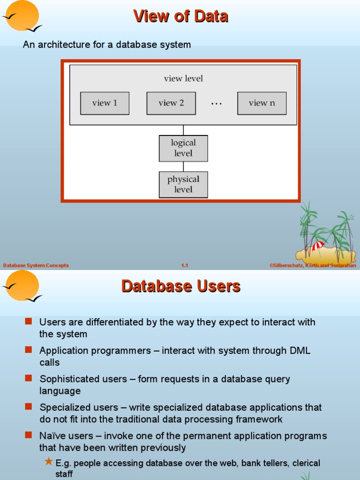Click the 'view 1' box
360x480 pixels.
click(x=105, y=103)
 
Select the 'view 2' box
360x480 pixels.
click(x=171, y=103)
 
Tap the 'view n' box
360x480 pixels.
click(x=262, y=103)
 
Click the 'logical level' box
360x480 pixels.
click(x=183, y=148)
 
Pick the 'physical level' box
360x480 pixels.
click(x=183, y=184)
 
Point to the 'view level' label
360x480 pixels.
click(x=183, y=79)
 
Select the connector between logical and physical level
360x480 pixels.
click(x=183, y=166)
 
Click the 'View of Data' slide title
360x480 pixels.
click(x=180, y=16)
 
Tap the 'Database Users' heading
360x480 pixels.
click(x=180, y=286)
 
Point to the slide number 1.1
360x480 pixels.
click(x=185, y=265)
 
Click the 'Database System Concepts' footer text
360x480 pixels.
click(x=36, y=265)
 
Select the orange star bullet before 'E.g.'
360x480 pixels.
click(x=49, y=462)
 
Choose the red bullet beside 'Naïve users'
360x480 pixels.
click(x=29, y=435)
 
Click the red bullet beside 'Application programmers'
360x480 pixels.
click(x=29, y=350)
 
